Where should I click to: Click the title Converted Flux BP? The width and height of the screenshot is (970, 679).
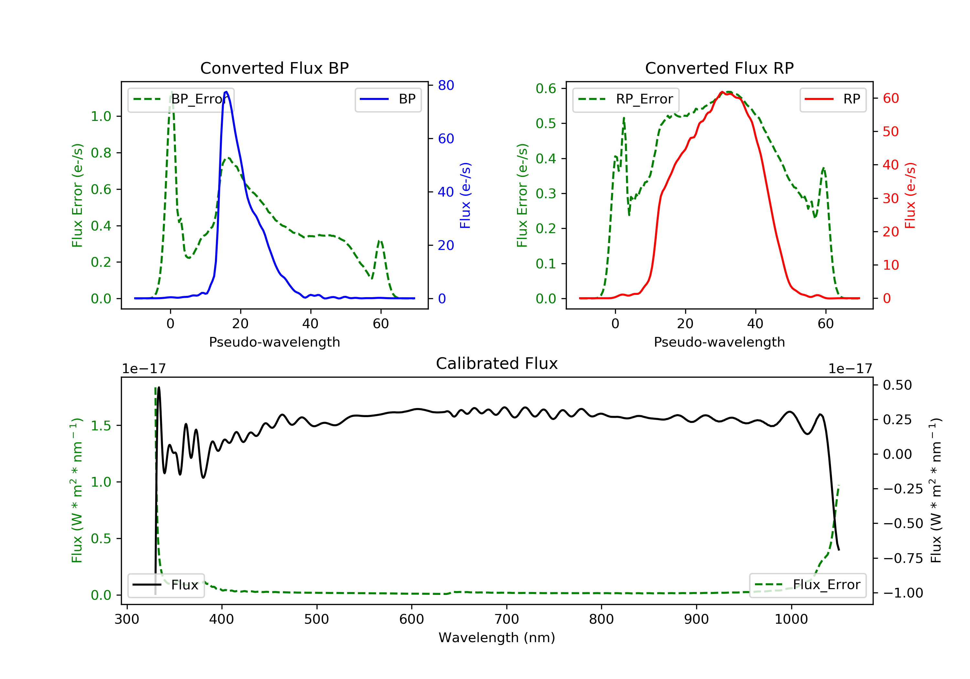click(274, 68)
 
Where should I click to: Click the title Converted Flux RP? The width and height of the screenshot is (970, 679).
click(719, 68)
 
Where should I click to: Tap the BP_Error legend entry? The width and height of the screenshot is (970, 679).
click(181, 99)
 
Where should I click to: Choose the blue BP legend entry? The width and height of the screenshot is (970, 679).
click(388, 99)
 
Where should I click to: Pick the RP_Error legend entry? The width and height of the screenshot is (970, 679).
click(625, 99)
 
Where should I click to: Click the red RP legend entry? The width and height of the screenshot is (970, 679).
click(833, 99)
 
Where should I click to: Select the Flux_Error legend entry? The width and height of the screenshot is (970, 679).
click(807, 585)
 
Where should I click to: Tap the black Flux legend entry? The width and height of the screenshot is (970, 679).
click(166, 585)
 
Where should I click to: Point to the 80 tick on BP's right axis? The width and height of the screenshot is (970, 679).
click(446, 85)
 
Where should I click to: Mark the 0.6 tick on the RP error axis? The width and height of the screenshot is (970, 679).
click(546, 88)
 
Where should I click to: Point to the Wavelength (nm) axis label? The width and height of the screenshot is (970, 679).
click(497, 638)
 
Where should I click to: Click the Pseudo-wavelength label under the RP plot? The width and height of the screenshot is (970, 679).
click(719, 342)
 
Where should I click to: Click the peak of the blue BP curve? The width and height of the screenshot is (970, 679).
click(226, 92)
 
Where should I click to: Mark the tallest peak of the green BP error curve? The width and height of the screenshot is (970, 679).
click(171, 92)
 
